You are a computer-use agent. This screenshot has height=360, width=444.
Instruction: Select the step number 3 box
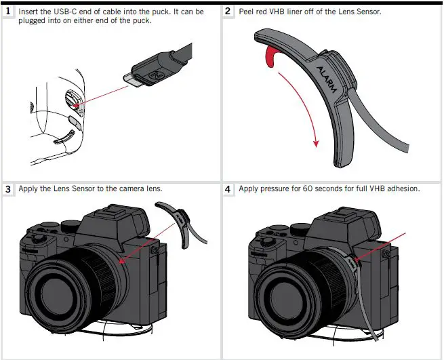(x=9, y=189)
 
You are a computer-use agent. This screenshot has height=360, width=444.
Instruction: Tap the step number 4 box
(x=229, y=189)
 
